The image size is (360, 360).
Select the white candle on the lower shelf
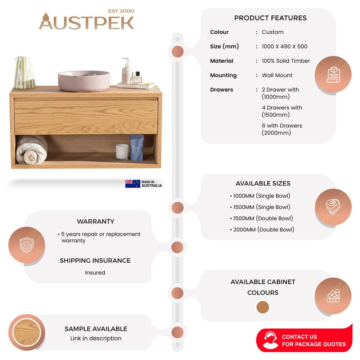[x=122, y=151]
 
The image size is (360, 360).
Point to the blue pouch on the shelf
[x=137, y=147]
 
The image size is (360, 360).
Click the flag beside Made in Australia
[x=132, y=184]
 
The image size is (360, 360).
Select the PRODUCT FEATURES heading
[x=270, y=18]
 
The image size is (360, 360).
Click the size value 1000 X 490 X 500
[x=284, y=46]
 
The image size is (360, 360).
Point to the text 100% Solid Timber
[x=286, y=61]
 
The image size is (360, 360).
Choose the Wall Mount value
[x=277, y=75]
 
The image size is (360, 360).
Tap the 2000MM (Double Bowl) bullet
[x=262, y=230]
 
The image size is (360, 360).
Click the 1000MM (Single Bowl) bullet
[x=260, y=196]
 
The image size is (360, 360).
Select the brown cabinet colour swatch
[x=263, y=307]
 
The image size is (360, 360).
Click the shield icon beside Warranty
[x=27, y=245]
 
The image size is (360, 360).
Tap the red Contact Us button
[x=304, y=341]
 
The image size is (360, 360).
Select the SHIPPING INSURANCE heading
[x=95, y=261]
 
